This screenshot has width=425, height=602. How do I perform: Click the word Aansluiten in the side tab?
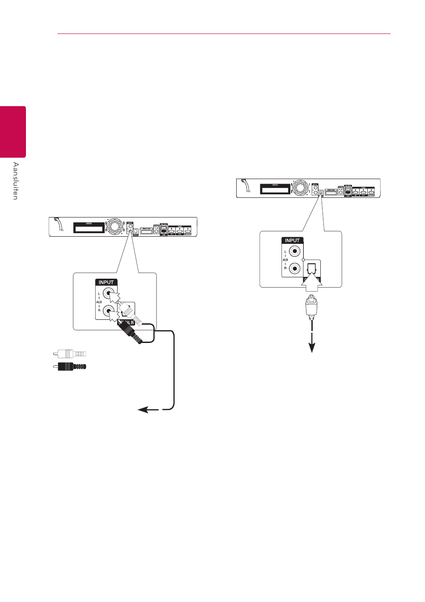16,181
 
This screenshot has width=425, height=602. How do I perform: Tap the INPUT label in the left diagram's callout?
106,282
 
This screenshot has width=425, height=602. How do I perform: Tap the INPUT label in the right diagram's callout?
292,240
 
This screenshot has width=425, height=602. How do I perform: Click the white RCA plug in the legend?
69,354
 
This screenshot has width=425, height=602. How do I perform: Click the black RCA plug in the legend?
69,367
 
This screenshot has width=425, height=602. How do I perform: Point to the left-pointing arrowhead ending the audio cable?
143,410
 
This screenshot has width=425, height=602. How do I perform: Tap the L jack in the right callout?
294,251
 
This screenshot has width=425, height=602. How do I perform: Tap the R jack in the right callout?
294,268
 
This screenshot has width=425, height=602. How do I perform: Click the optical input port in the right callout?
312,269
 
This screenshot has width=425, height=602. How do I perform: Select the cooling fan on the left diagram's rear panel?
115,227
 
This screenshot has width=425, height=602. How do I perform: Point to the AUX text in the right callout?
285,259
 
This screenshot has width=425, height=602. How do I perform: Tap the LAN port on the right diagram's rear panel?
348,192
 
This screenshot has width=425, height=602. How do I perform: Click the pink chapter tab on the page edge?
13,131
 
